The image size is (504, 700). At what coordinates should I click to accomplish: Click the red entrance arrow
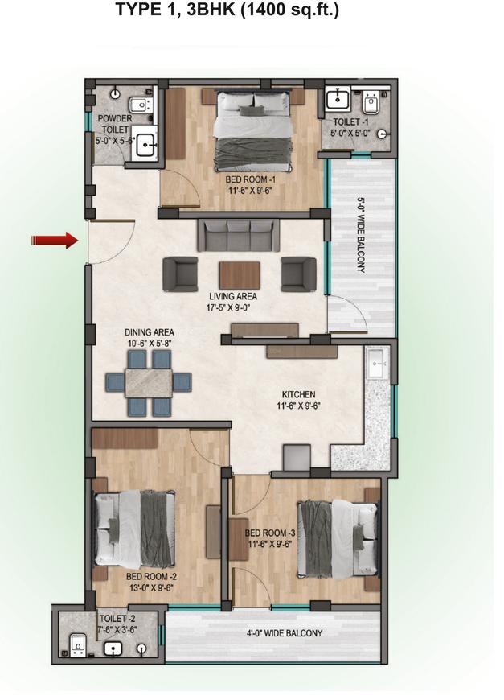tap(55, 241)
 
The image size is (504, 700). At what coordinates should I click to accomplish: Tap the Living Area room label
tap(233, 296)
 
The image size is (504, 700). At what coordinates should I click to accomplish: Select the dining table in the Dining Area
tap(149, 383)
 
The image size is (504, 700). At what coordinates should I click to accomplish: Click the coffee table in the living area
tap(240, 275)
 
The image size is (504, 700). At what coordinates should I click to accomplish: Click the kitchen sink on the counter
tap(379, 364)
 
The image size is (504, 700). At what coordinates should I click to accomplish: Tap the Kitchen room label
tap(298, 394)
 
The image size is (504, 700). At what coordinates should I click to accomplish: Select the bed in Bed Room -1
tap(253, 130)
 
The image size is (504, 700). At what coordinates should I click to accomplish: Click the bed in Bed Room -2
tap(134, 528)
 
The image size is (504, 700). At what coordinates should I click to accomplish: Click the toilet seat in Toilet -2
tap(77, 645)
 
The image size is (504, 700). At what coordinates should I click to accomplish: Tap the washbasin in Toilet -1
tap(338, 99)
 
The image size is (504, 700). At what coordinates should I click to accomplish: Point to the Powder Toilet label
tap(114, 124)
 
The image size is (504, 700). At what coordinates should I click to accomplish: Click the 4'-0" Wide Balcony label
tap(285, 633)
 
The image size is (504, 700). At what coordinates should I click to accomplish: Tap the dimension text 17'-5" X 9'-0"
tap(232, 307)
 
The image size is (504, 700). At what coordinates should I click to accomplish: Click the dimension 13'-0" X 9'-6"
tap(151, 587)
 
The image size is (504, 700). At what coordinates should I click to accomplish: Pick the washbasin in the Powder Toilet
tap(145, 143)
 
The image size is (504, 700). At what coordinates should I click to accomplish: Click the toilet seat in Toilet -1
tap(371, 103)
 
